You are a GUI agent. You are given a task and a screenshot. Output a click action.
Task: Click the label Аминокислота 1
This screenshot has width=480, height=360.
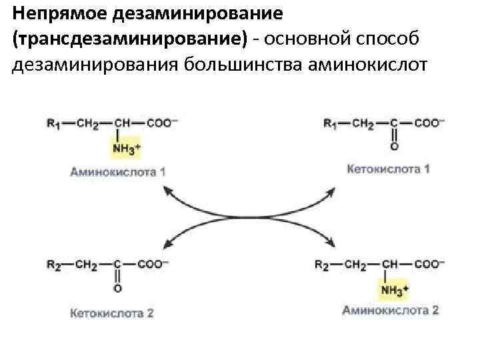pyautogui.click(x=118, y=171)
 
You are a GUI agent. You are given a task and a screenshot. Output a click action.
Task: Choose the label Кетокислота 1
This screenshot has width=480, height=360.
pyautogui.click(x=389, y=169)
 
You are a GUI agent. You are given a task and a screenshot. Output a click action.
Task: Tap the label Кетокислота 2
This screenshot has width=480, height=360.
pyautogui.click(x=112, y=312)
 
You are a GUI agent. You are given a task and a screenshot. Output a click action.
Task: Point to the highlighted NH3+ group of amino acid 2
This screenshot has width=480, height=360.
pyautogui.click(x=394, y=289)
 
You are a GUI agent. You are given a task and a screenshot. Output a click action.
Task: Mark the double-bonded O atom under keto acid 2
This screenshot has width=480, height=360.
pyautogui.click(x=118, y=288)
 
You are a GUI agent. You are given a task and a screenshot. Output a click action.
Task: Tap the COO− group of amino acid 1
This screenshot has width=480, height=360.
pyautogui.click(x=163, y=123)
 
